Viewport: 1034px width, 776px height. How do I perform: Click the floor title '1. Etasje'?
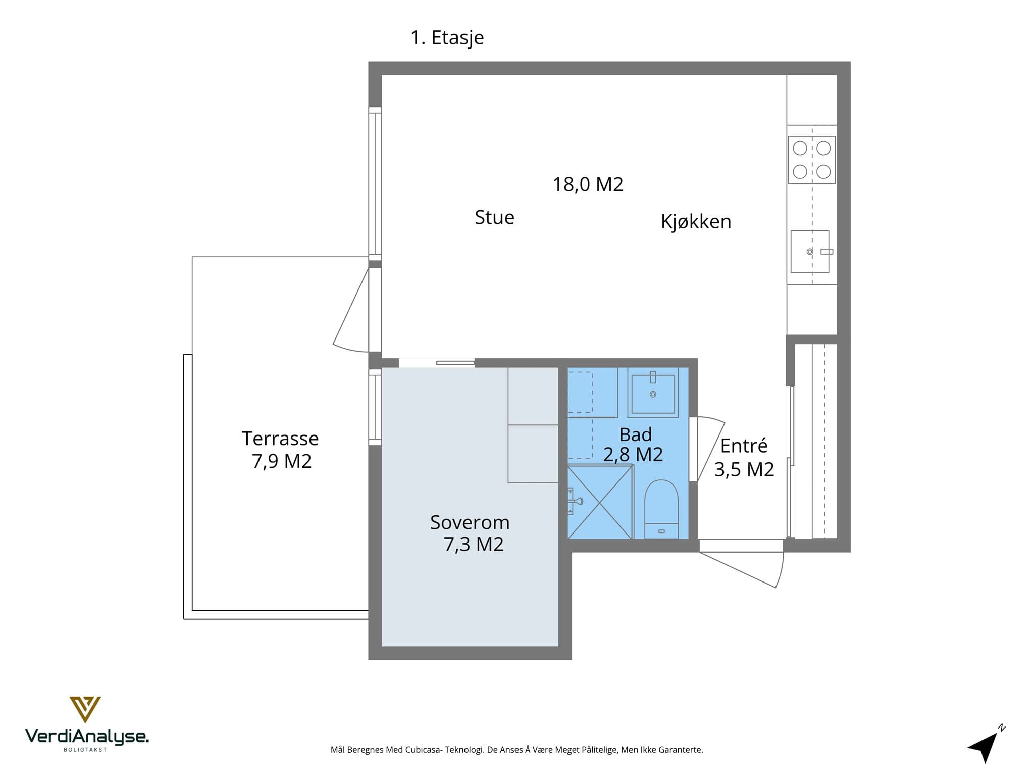tap(447, 38)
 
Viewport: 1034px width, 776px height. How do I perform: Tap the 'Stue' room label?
tap(494, 217)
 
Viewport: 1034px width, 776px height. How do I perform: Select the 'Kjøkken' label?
tap(696, 222)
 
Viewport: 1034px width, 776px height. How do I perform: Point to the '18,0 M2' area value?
tap(588, 185)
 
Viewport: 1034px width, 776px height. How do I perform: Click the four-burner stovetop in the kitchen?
tap(812, 160)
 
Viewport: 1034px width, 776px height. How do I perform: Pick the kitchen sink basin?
tap(810, 252)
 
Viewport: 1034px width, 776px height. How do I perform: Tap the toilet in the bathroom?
tap(661, 509)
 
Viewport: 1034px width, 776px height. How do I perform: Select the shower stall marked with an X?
tap(600, 502)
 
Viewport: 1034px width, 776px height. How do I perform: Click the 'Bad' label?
tap(636, 434)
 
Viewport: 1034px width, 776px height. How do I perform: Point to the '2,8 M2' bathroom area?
tap(633, 455)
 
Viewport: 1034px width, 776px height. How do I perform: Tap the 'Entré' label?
tap(744, 446)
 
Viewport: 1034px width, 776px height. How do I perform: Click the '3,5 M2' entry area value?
tap(744, 470)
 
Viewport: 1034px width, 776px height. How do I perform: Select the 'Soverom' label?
tap(470, 522)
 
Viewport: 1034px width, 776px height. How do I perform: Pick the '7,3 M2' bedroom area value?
tap(474, 545)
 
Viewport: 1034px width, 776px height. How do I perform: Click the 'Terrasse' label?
tap(280, 439)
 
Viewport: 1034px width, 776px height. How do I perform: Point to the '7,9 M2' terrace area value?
tap(282, 461)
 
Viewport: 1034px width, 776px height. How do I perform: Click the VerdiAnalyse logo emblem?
tap(85, 709)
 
